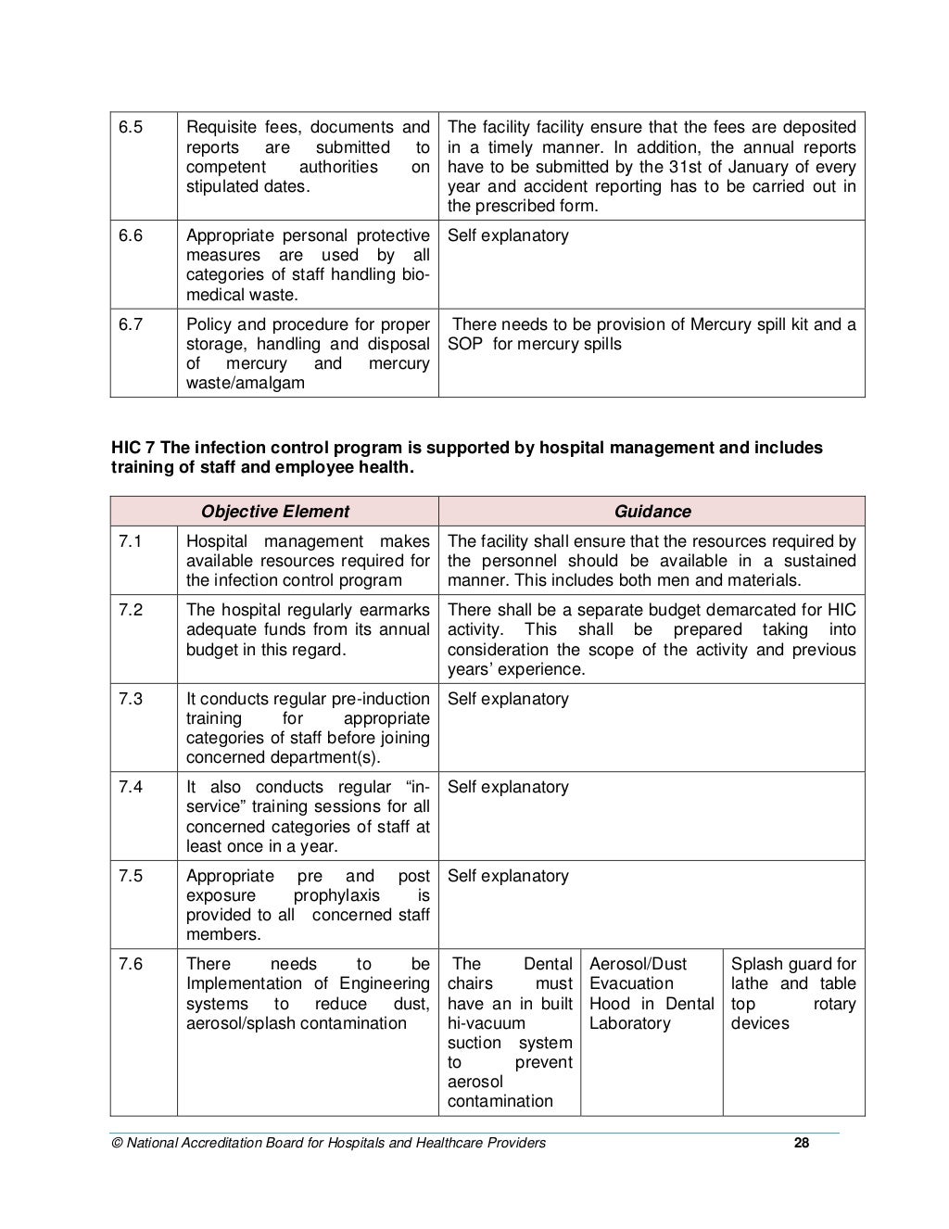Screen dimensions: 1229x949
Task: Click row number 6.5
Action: click(130, 127)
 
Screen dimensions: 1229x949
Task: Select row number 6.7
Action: click(130, 324)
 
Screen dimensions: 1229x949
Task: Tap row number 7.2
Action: click(130, 610)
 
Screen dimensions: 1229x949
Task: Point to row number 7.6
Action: click(130, 964)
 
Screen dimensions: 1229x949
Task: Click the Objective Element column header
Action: click(275, 512)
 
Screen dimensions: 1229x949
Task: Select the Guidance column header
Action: click(652, 512)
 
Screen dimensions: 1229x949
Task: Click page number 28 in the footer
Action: click(802, 1143)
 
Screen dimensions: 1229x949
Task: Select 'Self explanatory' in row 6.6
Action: click(508, 235)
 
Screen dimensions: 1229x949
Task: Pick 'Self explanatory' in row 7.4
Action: click(508, 787)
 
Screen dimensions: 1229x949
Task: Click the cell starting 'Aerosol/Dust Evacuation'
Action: click(652, 994)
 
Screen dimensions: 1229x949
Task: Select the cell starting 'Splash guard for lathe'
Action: click(793, 994)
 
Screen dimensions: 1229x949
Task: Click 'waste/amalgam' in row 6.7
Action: click(245, 383)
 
